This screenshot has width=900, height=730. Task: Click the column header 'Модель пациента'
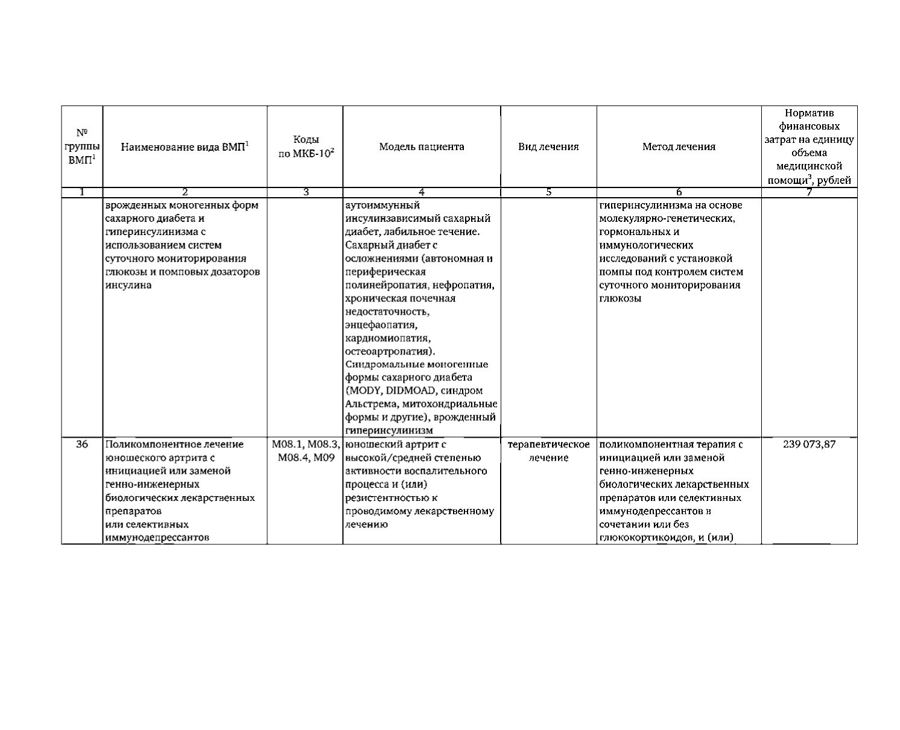[x=422, y=147]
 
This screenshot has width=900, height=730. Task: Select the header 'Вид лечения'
[x=548, y=147]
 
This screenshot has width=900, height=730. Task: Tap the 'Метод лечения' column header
[x=679, y=147]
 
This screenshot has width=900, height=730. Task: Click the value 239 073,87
[x=809, y=445]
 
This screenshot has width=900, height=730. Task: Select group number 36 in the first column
[x=82, y=445]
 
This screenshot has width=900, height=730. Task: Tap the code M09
[x=325, y=458]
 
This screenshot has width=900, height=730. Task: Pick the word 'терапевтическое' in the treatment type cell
[x=548, y=445]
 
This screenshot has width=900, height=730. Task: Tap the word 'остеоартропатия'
[x=388, y=351]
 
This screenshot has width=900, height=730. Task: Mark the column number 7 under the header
[x=809, y=192]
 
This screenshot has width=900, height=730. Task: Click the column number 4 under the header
[x=422, y=192]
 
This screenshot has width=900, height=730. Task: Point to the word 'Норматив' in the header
[x=809, y=113]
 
